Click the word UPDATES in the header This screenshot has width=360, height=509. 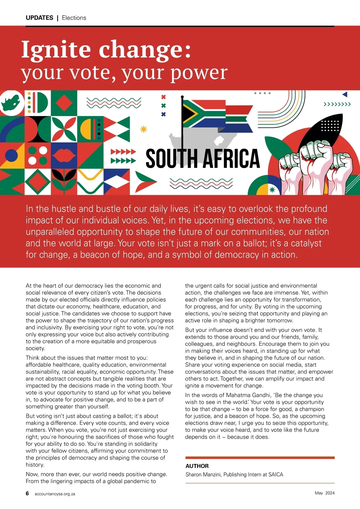[x=39, y=18]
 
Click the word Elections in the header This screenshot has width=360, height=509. [x=74, y=18]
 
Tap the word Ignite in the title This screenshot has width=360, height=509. [x=56, y=49]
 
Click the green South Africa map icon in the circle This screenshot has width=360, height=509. [x=11, y=102]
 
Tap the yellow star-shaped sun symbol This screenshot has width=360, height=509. [x=144, y=129]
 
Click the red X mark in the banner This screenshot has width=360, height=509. [x=163, y=97]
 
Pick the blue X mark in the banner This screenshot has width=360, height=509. [x=163, y=114]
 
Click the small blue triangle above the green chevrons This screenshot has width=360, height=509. [x=345, y=95]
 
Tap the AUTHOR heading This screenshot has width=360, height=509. [x=197, y=466]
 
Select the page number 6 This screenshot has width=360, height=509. [x=27, y=493]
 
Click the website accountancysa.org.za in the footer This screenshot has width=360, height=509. [x=55, y=494]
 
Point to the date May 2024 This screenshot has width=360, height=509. [x=325, y=493]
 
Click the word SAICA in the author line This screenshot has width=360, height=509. [x=276, y=474]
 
